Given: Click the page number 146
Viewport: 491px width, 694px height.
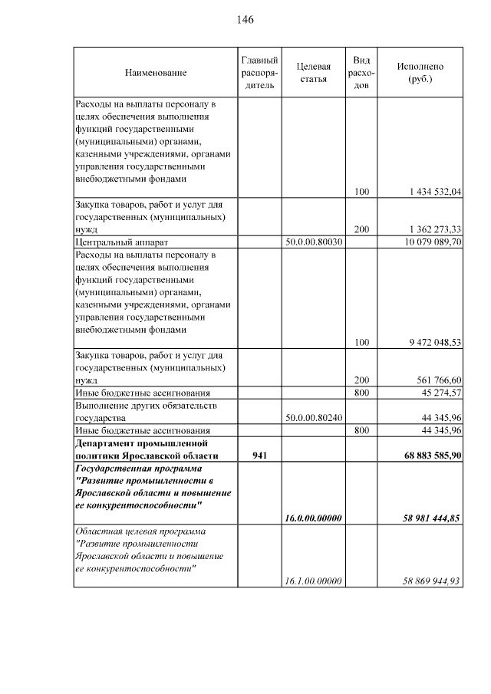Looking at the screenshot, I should click(245, 19).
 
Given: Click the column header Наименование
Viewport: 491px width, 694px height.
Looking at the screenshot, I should click(156, 73).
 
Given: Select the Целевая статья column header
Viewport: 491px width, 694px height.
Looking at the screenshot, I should click(313, 73).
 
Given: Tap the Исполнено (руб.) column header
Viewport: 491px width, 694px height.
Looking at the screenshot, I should click(420, 73).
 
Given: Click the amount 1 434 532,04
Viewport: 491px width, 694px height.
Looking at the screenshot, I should click(431, 192).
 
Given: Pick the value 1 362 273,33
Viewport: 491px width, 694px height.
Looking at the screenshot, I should click(431, 229).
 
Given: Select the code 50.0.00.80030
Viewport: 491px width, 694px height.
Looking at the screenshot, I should click(313, 242).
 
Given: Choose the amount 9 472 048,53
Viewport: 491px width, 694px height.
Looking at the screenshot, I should click(431, 342).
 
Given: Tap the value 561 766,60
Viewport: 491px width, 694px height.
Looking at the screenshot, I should click(436, 380).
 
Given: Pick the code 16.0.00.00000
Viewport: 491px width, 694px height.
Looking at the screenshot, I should click(313, 518).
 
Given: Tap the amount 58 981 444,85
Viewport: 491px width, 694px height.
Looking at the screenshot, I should click(430, 518).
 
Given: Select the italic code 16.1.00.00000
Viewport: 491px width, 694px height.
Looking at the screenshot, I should click(313, 581).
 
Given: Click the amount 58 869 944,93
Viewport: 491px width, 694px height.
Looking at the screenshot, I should click(430, 581).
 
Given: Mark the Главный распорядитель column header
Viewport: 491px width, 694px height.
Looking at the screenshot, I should click(259, 73).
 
